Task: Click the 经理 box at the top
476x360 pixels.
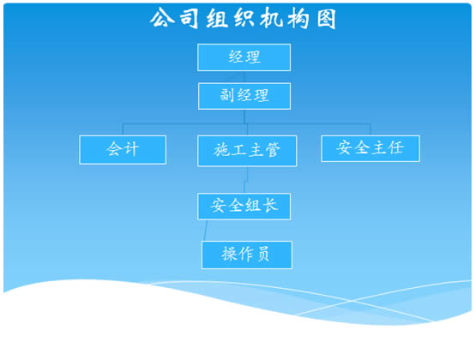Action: coord(244,57)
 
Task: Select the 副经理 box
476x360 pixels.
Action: coord(244,96)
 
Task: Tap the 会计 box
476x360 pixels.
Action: coord(123,149)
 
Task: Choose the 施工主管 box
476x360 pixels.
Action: coord(247,151)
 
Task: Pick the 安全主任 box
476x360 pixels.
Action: coord(371,148)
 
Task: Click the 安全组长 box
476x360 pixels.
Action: coord(244,207)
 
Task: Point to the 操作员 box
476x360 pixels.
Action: coord(247,255)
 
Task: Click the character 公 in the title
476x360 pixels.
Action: coord(162,18)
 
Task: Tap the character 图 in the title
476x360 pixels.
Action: coord(327,19)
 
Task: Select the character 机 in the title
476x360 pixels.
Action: coord(271,19)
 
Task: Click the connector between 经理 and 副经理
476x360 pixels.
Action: coord(244,77)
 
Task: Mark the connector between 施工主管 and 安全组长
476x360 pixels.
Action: coord(246,180)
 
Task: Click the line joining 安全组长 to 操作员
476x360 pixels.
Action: coord(206,231)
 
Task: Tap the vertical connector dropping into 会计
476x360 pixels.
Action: coord(123,129)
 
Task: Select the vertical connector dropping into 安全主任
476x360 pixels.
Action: coord(370,129)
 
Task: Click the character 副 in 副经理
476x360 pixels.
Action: coord(227,95)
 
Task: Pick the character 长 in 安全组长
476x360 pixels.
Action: coord(270,206)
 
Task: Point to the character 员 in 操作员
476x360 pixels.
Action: coord(263,254)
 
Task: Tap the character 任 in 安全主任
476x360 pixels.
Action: coord(397,147)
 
